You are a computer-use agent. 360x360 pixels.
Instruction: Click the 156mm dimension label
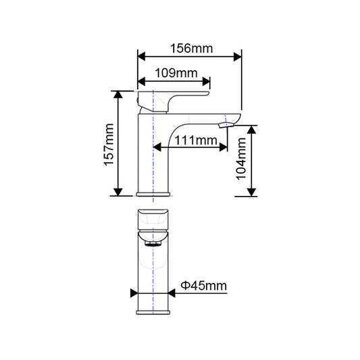tap(190, 49)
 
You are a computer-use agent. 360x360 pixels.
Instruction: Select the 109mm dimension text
tap(174, 72)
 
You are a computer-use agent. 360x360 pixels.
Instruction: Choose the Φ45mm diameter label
tap(205, 287)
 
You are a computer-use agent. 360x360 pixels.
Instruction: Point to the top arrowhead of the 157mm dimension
tap(119, 94)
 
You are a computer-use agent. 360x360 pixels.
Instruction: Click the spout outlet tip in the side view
tap(227, 123)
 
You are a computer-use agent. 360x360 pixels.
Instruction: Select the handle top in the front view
tap(153, 218)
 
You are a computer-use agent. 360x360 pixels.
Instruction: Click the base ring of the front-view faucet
tap(154, 311)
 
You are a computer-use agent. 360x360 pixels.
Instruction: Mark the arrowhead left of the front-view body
tap(133, 293)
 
